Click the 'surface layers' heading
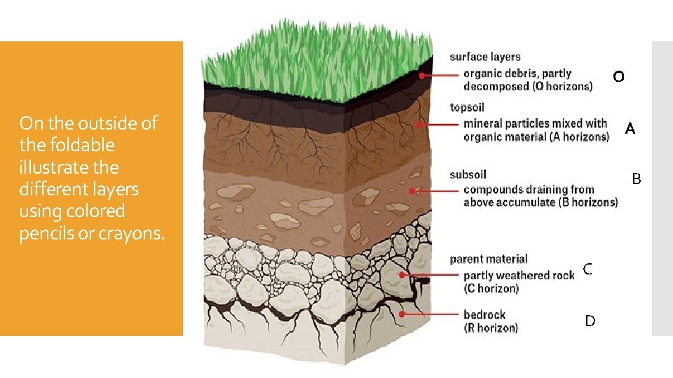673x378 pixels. coord(485,57)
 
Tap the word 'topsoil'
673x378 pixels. coord(467,108)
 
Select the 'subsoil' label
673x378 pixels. coord(468,174)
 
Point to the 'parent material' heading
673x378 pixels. coord(489,259)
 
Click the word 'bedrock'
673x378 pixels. coord(484,314)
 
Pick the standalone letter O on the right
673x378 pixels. coord(618,76)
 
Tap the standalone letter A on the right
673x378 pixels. coord(630,129)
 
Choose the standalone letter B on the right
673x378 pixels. coord(636,179)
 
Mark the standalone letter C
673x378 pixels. coord(587,269)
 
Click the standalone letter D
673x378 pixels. coord(590,321)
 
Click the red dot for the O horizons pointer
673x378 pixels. coord(422,75)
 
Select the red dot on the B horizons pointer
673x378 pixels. coord(412,190)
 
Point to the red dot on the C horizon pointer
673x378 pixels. coord(402,275)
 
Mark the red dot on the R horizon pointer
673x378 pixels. coord(402,315)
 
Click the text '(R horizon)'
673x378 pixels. coord(491,328)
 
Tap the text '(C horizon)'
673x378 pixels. coord(491,288)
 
